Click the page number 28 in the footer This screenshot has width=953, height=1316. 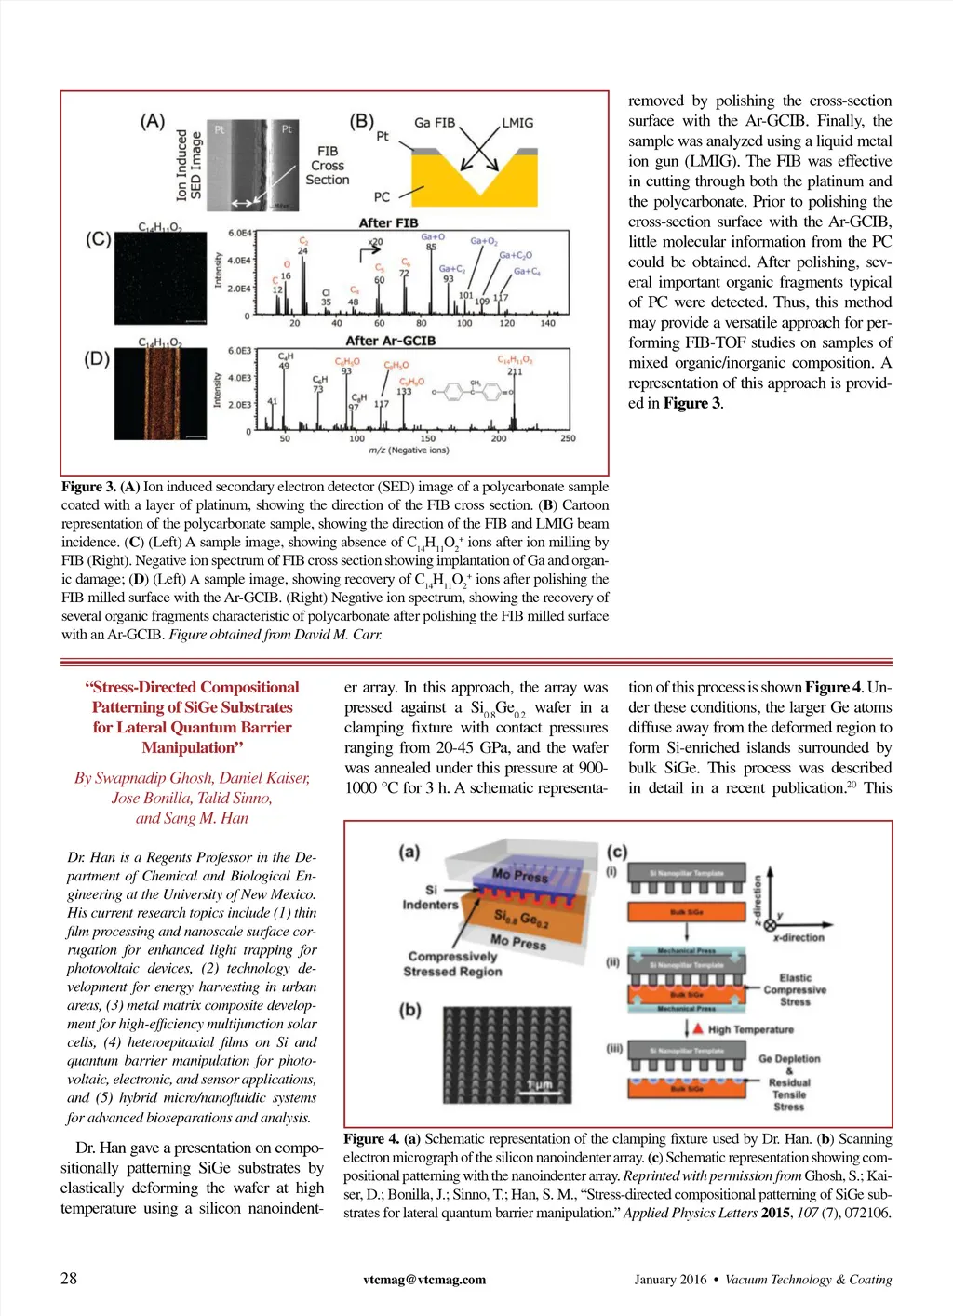[69, 1278]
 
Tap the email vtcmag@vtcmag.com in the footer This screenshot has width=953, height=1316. [424, 1280]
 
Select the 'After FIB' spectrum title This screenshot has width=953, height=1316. [388, 222]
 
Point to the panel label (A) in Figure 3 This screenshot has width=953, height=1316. [153, 121]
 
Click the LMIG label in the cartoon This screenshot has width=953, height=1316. [517, 123]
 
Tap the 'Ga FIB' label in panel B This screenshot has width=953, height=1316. [435, 123]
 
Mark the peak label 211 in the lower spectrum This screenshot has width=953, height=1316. [515, 371]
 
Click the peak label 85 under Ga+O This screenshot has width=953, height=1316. [431, 248]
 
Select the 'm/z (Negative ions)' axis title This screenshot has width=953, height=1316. [409, 450]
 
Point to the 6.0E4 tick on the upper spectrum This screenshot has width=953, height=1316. [239, 233]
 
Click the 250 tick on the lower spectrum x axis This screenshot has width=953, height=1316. [568, 438]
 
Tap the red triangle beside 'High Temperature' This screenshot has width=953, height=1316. [695, 1028]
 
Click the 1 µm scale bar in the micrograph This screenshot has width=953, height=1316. [540, 1085]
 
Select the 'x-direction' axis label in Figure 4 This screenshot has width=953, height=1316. [799, 937]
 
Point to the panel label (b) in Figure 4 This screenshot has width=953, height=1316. [409, 1010]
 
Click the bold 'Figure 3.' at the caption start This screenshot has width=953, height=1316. [88, 487]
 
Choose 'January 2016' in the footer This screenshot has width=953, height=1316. [670, 1280]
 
